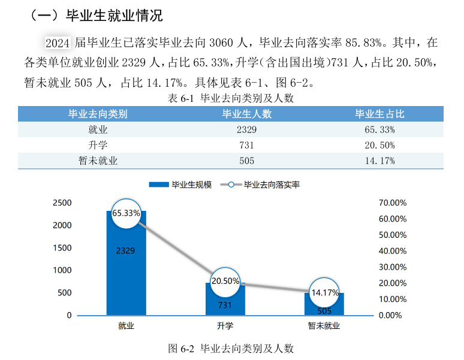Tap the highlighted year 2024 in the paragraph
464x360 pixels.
tap(58, 43)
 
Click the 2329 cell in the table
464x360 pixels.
tap(246, 129)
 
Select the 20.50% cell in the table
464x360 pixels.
tap(379, 145)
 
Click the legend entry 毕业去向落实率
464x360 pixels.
tap(264, 184)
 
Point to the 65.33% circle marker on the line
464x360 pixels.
tap(126, 213)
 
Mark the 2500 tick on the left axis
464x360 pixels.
tap(62, 203)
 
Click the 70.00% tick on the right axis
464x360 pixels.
tap(393, 203)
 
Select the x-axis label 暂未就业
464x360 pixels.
tap(324, 326)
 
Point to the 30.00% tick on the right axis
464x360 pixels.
tap(393, 267)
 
